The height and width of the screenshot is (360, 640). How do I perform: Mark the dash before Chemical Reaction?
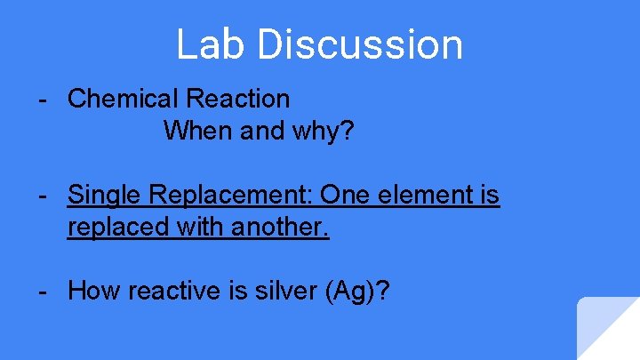coord(43,99)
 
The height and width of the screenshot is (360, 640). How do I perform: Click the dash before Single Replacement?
coord(43,195)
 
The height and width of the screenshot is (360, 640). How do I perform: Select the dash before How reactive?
coord(43,291)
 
